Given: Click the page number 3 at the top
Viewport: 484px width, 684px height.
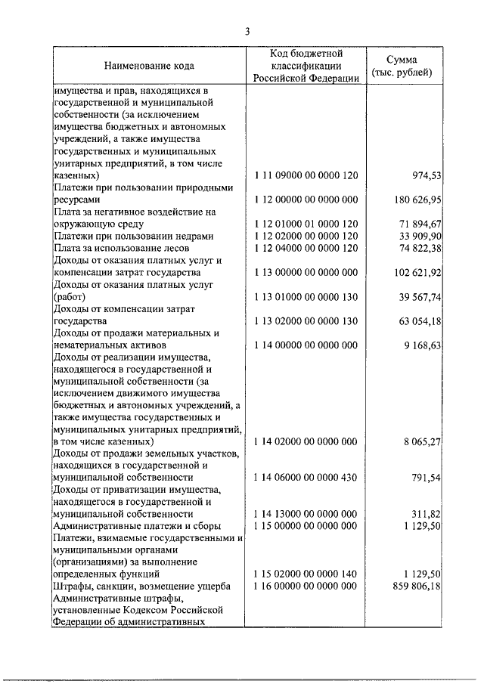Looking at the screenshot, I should pos(247,31).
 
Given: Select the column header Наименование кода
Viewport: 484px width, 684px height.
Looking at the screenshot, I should pos(148,66).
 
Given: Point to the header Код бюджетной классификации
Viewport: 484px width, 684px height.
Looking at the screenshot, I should pos(306,66).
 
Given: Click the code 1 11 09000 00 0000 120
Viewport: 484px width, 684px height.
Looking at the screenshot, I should pos(306,175).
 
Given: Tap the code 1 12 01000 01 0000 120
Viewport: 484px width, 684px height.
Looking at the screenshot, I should pos(306,224).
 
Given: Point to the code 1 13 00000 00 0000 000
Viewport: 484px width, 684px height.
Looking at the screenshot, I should pos(306,271).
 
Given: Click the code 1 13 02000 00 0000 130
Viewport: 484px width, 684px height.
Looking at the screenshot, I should pos(306,321).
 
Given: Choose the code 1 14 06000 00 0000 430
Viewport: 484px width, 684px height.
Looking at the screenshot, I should pos(306,478).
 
